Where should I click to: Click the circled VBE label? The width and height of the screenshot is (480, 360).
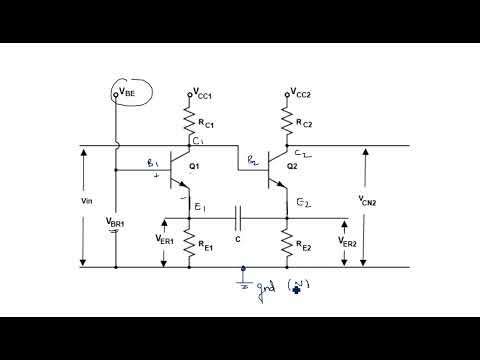point(129,93)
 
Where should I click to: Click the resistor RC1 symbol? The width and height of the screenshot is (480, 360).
point(189,122)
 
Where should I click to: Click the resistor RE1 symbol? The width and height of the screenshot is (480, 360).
point(189,243)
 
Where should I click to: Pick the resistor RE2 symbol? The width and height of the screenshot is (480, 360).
point(287,242)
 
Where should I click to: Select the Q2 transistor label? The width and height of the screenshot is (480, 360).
point(292,167)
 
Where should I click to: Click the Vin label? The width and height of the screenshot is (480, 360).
point(87,199)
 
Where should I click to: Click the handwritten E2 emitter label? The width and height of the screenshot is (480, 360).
point(304,203)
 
